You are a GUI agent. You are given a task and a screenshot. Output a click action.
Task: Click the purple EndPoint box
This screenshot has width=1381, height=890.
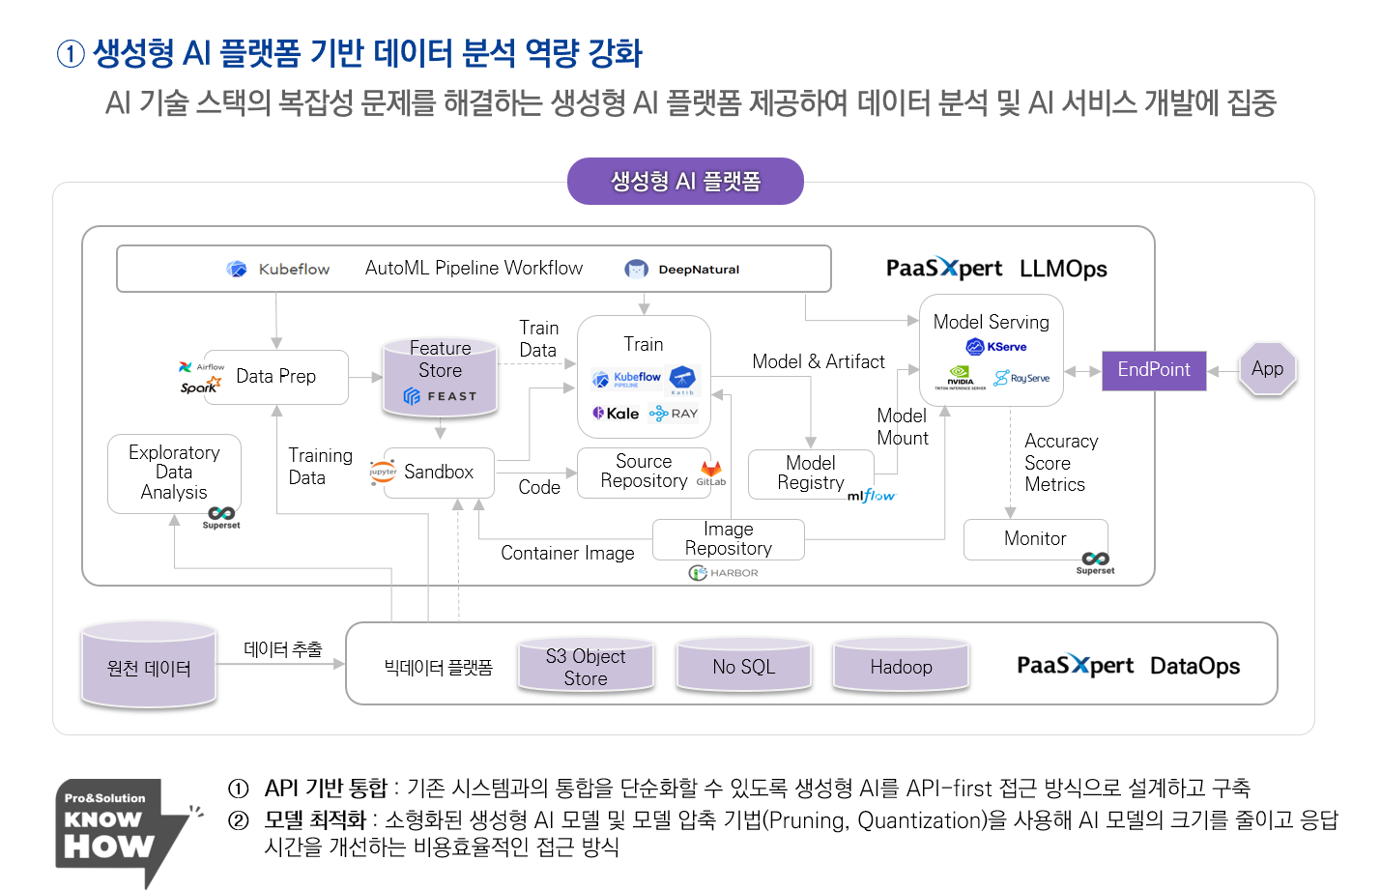coord(1154,370)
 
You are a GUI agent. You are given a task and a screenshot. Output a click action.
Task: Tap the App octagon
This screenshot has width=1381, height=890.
coord(1267,369)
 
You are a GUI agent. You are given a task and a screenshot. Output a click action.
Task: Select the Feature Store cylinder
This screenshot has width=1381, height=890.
coord(441,377)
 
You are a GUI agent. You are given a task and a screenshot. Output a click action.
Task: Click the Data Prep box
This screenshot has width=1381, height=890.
coord(276,377)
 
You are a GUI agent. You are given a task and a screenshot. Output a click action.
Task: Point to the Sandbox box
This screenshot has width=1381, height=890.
coord(439,473)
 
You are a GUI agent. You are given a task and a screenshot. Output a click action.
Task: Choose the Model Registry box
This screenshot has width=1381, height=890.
coord(811,474)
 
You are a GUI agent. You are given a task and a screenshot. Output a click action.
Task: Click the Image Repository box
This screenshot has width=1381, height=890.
coord(728,539)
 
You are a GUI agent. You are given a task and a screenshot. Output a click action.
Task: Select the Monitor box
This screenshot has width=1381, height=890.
coord(1035,539)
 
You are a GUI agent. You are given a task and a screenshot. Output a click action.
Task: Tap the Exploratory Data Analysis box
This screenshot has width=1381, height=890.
coord(174,473)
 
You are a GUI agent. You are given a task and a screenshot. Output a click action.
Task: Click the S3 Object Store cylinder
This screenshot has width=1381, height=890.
coord(586,667)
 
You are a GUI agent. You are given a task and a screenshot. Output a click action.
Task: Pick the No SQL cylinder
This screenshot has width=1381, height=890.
coord(744,667)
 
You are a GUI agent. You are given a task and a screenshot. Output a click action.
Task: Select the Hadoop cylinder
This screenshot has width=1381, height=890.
coord(901,667)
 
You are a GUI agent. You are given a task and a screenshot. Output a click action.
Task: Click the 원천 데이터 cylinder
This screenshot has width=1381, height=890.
coord(149,668)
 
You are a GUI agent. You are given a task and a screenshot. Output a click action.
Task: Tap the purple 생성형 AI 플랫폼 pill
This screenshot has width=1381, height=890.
coord(685,182)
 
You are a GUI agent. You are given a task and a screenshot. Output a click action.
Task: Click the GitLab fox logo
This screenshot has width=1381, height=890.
coord(711,470)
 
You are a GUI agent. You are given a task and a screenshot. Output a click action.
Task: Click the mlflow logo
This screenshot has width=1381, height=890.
coord(871,496)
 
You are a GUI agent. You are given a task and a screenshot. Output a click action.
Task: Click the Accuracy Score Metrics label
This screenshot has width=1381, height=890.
coord(1060,463)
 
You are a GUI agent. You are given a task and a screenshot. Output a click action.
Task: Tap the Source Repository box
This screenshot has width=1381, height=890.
coord(644,473)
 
